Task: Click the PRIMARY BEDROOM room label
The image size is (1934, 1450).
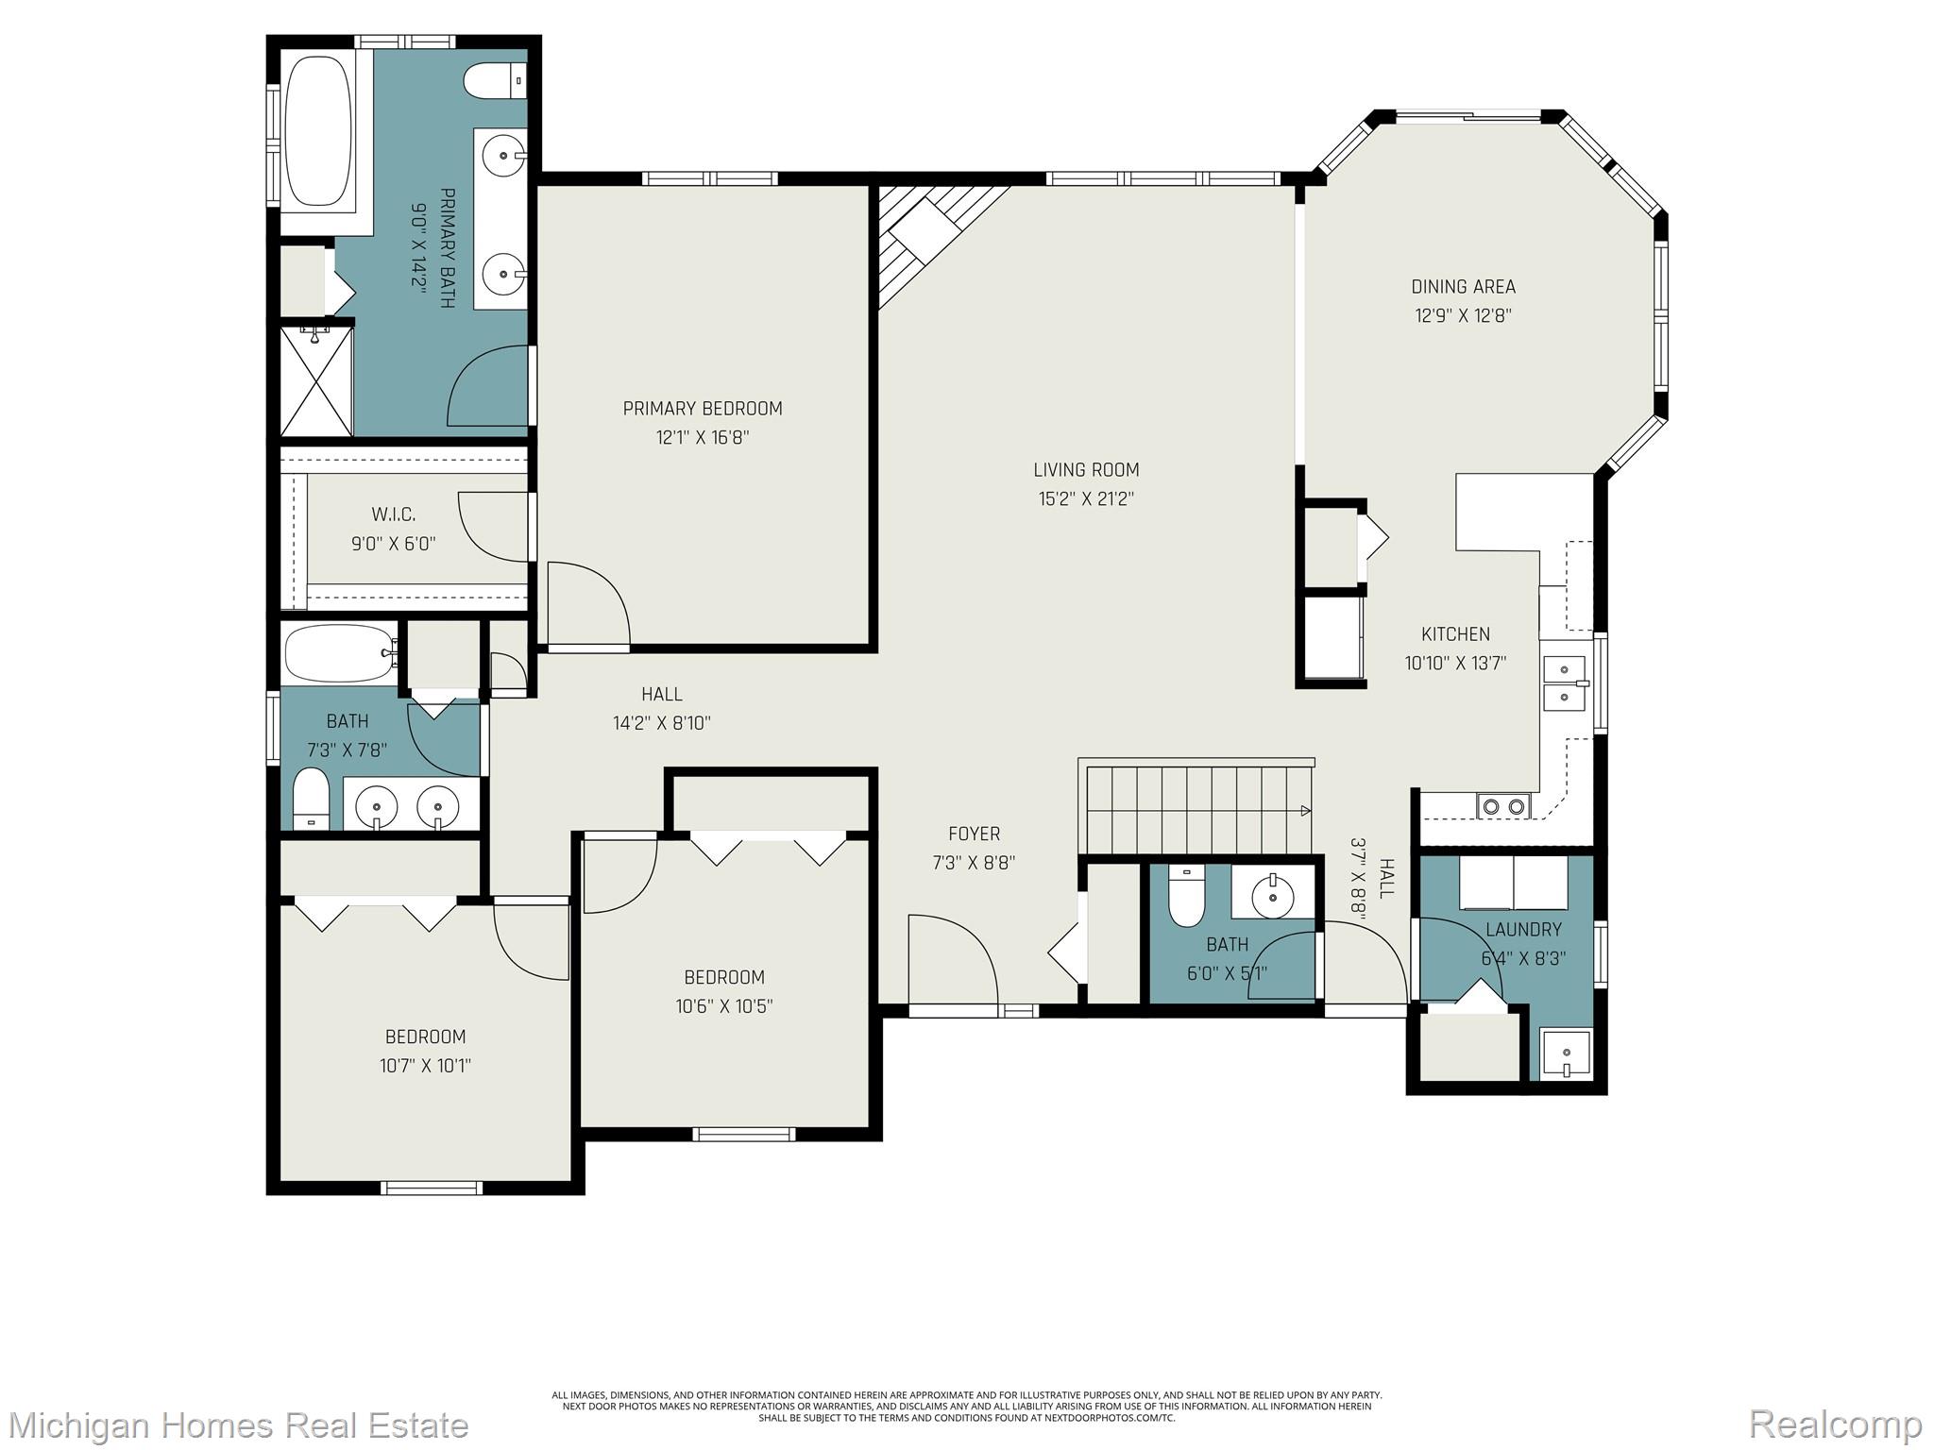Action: pyautogui.click(x=703, y=409)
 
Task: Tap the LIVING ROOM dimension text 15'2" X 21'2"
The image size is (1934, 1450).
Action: pyautogui.click(x=1086, y=499)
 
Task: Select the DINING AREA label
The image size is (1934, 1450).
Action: pyautogui.click(x=1463, y=287)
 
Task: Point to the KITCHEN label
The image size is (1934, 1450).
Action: pyautogui.click(x=1455, y=634)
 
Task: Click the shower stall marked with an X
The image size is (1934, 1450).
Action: pyautogui.click(x=316, y=381)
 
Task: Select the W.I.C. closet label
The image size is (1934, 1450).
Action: pyautogui.click(x=393, y=514)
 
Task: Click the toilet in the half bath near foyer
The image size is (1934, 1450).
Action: pyautogui.click(x=1186, y=898)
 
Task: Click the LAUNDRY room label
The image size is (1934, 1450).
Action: pyautogui.click(x=1523, y=930)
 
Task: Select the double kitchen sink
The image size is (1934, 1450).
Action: pyautogui.click(x=1565, y=683)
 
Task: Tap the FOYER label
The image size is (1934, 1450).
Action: pyautogui.click(x=974, y=834)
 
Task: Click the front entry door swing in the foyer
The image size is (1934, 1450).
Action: pyautogui.click(x=949, y=963)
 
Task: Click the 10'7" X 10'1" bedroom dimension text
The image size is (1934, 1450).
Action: pyautogui.click(x=425, y=1066)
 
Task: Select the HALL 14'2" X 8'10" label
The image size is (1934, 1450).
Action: pyautogui.click(x=661, y=708)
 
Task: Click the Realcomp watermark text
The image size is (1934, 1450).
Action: pyautogui.click(x=1835, y=1424)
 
